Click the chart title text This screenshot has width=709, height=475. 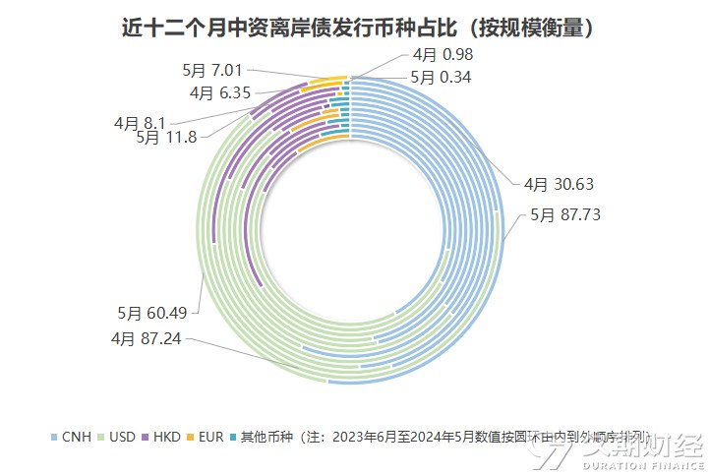354,27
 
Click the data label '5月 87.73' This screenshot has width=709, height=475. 565,213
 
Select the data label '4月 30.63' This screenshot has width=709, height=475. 559,183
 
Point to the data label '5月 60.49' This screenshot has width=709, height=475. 150,313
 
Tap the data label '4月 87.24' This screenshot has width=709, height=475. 145,338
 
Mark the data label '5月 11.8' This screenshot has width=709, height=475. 167,138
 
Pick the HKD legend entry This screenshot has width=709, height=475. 166,436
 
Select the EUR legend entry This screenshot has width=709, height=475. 210,436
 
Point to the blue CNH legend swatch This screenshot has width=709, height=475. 54,436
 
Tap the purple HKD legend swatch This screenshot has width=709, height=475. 145,436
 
